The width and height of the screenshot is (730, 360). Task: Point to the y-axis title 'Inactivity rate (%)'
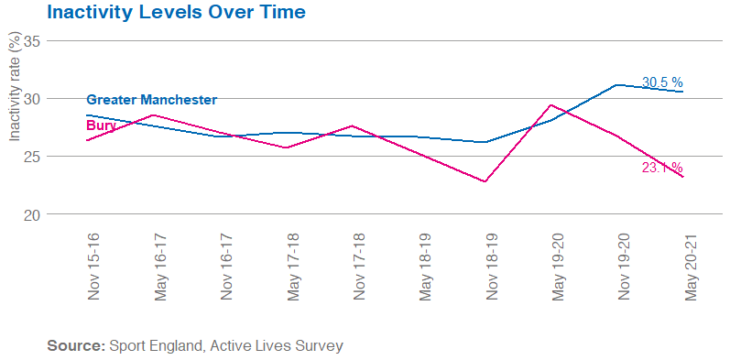[14, 87]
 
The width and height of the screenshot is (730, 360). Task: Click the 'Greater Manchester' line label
[151, 100]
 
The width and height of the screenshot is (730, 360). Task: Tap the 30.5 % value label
[661, 82]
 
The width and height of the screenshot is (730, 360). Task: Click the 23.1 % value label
[661, 168]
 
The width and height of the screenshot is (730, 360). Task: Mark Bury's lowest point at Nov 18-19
[485, 181]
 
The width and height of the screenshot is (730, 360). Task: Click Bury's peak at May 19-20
[550, 105]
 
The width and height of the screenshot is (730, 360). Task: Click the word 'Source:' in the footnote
[75, 346]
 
